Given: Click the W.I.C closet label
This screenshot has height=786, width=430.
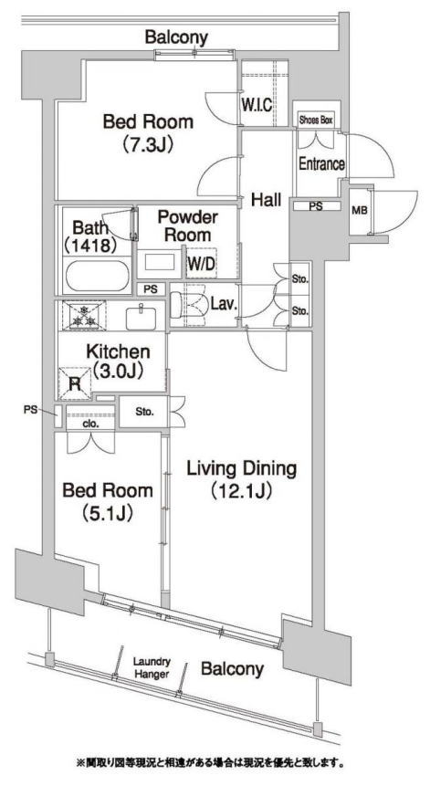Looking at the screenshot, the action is [x=257, y=105].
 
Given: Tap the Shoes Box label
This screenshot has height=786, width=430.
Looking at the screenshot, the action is [x=316, y=121].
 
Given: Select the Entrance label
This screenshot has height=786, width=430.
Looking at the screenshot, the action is [x=321, y=164].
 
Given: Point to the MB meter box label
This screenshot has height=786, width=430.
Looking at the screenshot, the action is [x=358, y=211].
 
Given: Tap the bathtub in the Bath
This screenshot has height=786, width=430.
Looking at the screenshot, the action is [x=97, y=276].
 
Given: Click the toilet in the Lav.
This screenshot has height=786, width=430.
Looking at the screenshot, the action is [x=187, y=305].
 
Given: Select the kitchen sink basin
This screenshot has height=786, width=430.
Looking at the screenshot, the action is [x=142, y=318].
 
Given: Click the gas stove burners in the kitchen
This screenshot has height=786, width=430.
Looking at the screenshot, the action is [x=84, y=315].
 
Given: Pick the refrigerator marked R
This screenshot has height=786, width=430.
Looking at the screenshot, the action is [x=76, y=383].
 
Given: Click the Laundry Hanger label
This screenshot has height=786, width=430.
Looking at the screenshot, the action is [x=152, y=668].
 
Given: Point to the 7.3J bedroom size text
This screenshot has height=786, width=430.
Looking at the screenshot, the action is [x=148, y=145].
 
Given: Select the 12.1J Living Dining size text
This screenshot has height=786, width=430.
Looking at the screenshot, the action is [x=241, y=491].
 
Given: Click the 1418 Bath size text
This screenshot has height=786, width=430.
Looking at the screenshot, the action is [x=90, y=246].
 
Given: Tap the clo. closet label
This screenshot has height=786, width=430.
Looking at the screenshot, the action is [x=90, y=423].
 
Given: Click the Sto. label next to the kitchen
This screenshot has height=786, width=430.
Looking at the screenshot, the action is [x=144, y=413].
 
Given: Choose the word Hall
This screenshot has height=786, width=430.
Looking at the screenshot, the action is [x=266, y=200].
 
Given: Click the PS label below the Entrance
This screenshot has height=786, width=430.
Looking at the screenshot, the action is [x=316, y=205].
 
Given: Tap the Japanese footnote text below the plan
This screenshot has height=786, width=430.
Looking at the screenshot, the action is [x=210, y=764].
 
